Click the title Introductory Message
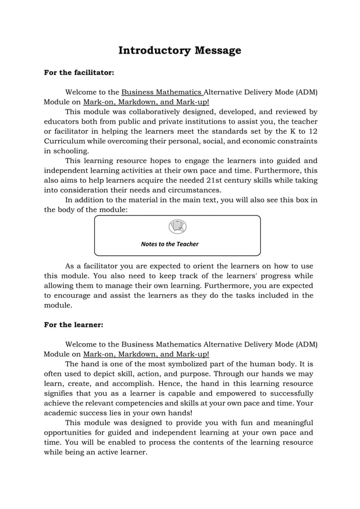pos(179,51)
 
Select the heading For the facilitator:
pos(79,73)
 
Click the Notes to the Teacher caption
pos(169,244)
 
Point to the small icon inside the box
pos(177,227)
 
